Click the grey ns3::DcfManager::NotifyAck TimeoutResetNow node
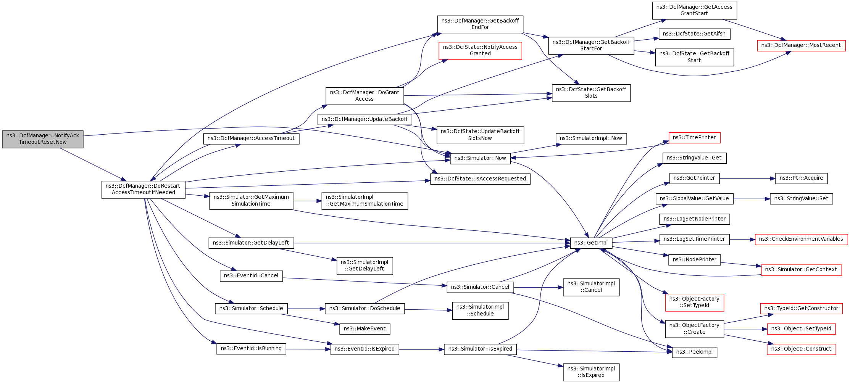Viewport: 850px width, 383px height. click(43, 139)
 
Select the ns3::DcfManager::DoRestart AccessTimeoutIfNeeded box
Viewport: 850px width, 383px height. click(144, 189)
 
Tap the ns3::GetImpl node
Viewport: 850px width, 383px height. click(591, 243)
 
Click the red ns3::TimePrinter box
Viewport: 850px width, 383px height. click(694, 138)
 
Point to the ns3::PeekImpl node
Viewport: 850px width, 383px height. click(694, 352)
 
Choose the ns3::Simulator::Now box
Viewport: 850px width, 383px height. click(480, 158)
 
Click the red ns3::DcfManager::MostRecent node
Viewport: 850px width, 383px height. click(801, 45)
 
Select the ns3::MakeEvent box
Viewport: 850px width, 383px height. click(365, 329)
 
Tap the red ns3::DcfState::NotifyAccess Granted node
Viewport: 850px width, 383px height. click(480, 50)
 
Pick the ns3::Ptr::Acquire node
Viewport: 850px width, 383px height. click(801, 178)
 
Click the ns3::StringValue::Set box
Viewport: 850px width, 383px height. click(801, 199)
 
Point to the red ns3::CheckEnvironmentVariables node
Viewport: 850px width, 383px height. click(801, 239)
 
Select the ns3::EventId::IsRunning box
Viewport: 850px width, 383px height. click(251, 349)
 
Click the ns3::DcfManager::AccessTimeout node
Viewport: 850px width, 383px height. click(251, 138)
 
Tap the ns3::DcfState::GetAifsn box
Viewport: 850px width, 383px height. click(694, 34)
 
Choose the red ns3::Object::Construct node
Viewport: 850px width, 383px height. click(801, 349)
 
